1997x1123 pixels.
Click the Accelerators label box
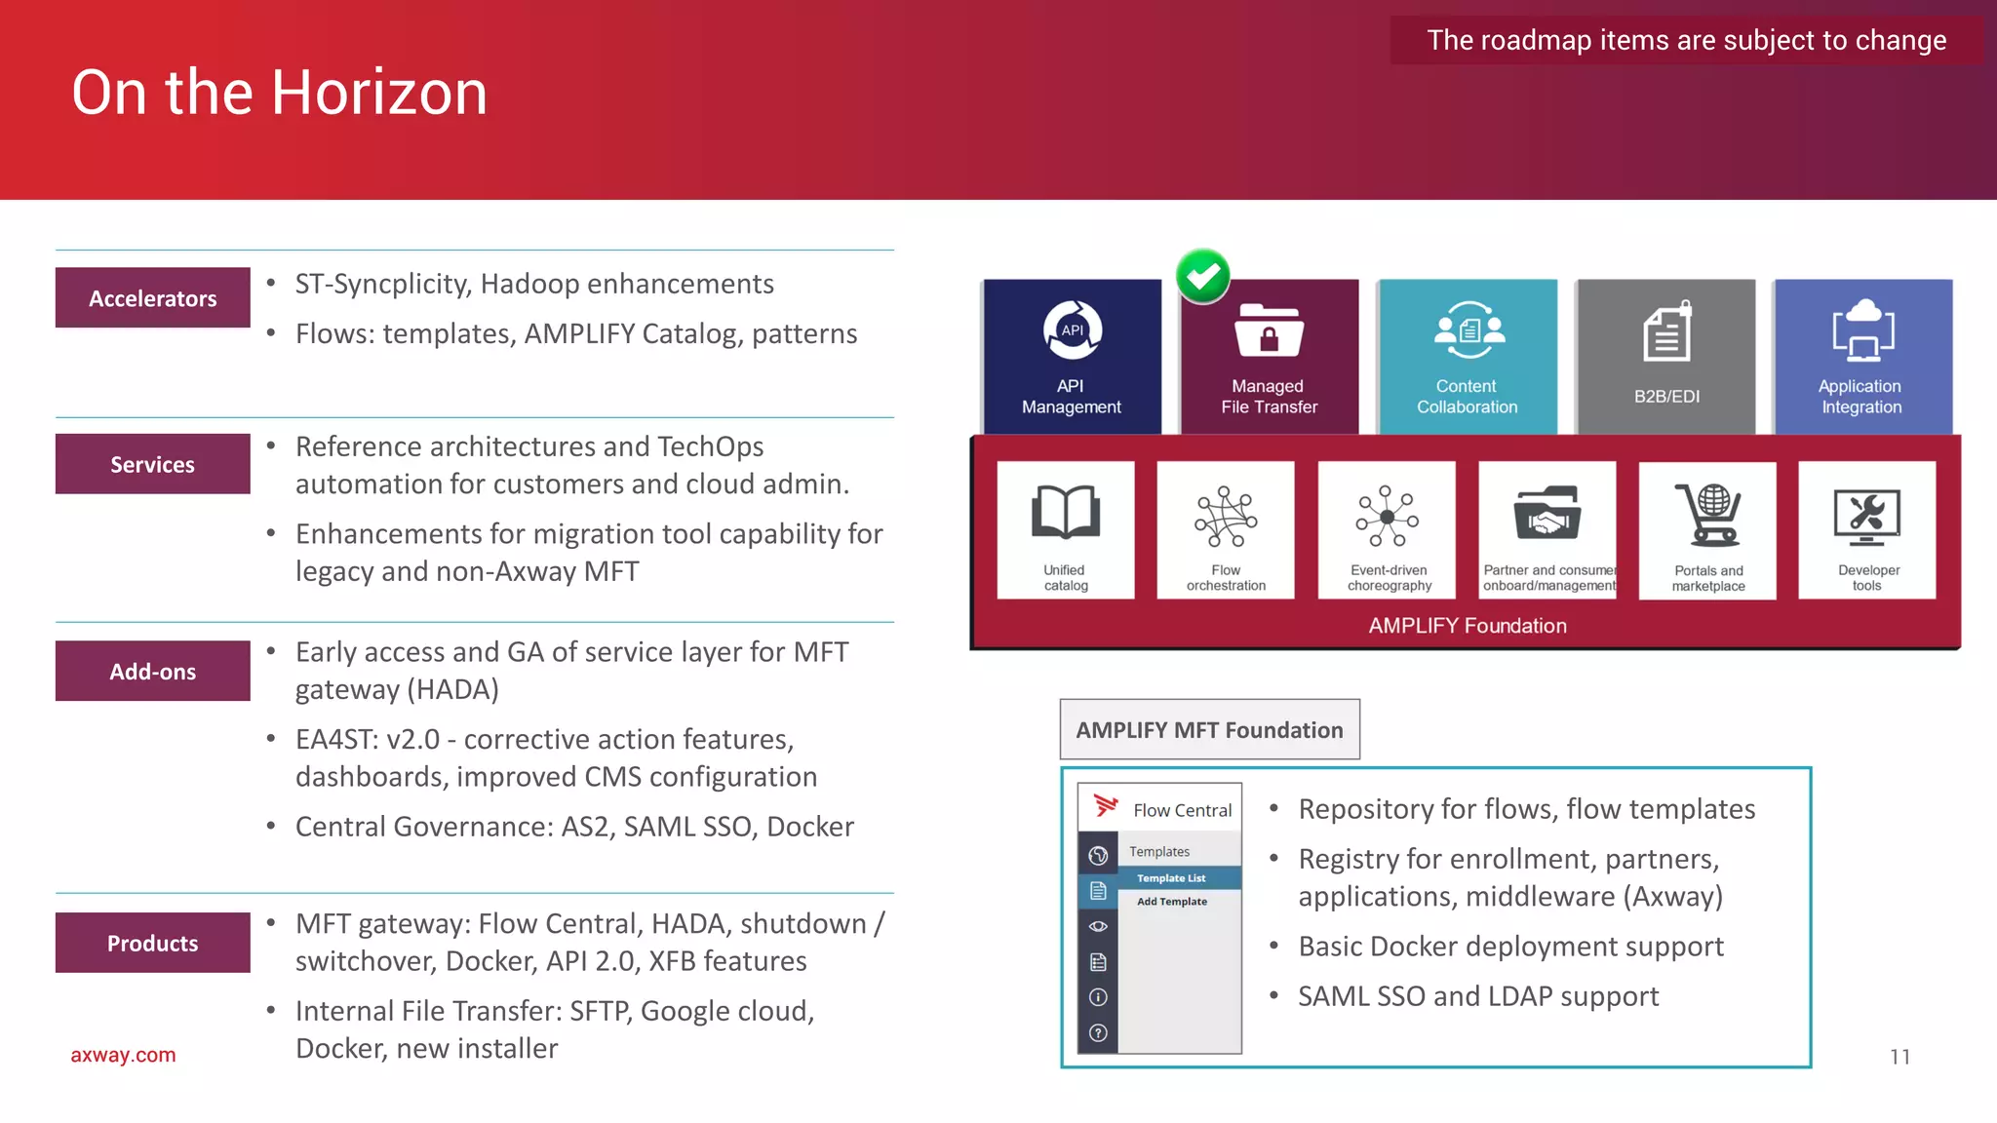(x=153, y=298)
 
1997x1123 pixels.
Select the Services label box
(x=153, y=465)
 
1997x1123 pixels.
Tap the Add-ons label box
(x=153, y=672)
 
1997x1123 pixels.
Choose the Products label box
(x=153, y=944)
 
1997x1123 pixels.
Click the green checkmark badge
(x=1203, y=277)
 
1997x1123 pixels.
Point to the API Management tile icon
(x=1073, y=330)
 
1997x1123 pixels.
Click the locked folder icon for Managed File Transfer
(x=1269, y=331)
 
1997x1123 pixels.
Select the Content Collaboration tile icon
(x=1468, y=330)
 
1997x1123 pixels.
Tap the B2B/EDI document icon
(x=1667, y=331)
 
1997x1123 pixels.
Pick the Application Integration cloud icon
(x=1863, y=330)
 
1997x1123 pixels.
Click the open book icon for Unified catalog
(x=1066, y=513)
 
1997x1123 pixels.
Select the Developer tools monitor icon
(x=1866, y=516)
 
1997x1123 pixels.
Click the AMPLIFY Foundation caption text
(x=1468, y=626)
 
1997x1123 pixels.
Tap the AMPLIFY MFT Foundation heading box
(x=1210, y=730)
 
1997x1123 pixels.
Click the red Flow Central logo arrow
(x=1106, y=805)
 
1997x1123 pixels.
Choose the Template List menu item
(x=1171, y=878)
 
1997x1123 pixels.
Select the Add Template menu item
(x=1172, y=902)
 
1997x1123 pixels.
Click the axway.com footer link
(x=123, y=1055)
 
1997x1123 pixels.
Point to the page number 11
(x=1899, y=1057)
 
